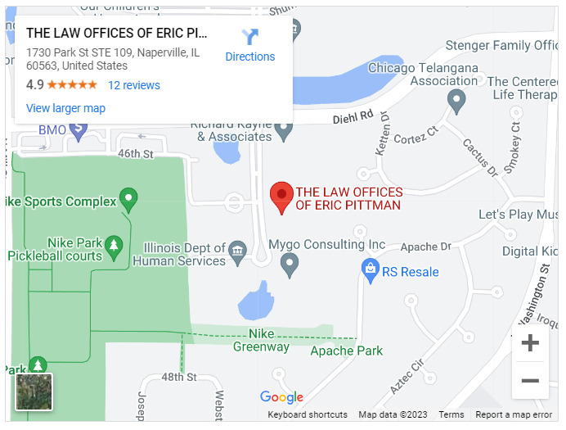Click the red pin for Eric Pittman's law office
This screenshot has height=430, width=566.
(282, 196)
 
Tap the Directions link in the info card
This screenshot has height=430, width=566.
(250, 46)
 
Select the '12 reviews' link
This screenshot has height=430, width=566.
(134, 85)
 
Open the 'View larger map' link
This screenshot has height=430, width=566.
(65, 108)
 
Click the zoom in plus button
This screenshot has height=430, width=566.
(530, 343)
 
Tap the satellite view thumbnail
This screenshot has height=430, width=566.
(34, 392)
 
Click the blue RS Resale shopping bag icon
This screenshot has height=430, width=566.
(370, 268)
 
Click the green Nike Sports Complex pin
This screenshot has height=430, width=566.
(128, 197)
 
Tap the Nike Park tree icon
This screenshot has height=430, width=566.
(114, 243)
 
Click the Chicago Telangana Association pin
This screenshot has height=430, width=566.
(457, 101)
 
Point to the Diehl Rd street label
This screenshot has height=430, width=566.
(353, 118)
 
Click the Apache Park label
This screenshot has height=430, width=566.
(347, 351)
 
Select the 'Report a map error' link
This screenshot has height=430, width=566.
(514, 415)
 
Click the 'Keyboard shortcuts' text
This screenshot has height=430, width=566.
(308, 415)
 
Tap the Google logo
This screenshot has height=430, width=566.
(281, 397)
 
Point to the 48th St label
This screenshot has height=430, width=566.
(179, 377)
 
